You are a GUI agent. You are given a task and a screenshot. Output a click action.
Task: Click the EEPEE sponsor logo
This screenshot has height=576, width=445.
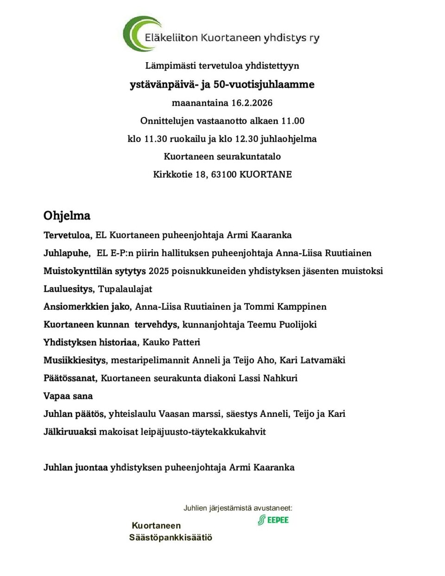point(273,520)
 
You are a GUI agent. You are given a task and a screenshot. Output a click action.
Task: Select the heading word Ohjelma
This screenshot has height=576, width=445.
point(67,216)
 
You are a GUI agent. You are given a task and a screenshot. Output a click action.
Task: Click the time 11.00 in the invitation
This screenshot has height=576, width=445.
point(293,121)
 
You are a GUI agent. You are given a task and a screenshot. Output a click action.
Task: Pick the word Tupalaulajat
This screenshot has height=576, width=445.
point(125,289)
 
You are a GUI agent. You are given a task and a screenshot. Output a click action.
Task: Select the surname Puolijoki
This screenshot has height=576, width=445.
point(298,325)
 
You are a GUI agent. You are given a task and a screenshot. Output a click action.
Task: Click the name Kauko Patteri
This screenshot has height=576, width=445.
point(172,342)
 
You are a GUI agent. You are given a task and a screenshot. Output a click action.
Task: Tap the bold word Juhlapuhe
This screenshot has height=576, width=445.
point(67,253)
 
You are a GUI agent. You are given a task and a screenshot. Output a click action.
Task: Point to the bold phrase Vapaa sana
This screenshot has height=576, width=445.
point(68,396)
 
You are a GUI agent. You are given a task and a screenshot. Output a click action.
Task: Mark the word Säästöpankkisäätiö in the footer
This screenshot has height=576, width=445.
point(171,538)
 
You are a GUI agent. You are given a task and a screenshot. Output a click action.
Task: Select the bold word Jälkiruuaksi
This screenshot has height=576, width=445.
point(70,432)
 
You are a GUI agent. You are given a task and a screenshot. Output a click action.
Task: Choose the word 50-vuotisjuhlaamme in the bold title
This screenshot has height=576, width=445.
point(264,84)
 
